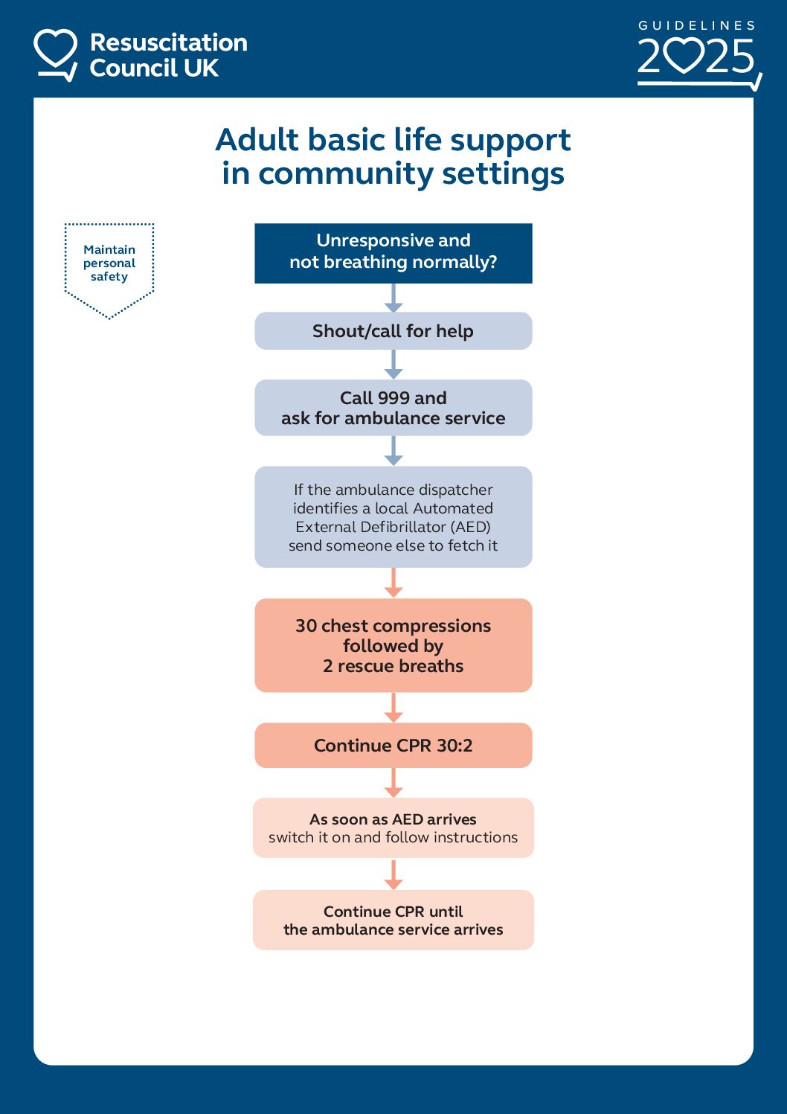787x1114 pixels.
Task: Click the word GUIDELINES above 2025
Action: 697,25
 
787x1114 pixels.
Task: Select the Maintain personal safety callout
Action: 109,264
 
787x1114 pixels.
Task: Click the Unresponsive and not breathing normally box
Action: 393,252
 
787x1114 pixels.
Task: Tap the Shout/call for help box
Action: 393,331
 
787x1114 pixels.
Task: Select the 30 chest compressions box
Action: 393,644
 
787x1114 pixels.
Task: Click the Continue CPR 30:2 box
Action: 393,745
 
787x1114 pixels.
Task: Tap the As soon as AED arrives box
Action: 393,828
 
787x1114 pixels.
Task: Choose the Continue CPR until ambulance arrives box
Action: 393,920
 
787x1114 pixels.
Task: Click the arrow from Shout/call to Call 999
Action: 393,365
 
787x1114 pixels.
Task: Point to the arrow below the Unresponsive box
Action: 393,298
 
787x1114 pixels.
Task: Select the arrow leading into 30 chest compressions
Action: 393,583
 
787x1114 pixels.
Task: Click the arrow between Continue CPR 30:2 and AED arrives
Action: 393,783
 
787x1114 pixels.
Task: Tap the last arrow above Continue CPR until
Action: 393,875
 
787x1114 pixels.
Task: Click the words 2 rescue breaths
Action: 393,666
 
